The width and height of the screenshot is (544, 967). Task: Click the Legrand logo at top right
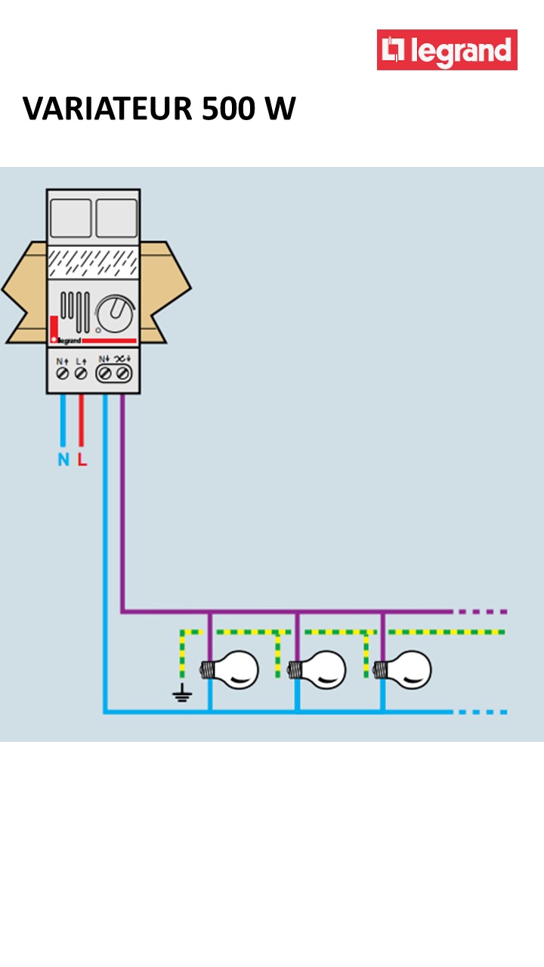[447, 50]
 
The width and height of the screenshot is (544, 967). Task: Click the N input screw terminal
[63, 373]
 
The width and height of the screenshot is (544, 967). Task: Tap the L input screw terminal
[81, 373]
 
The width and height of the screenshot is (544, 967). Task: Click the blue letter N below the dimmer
[63, 459]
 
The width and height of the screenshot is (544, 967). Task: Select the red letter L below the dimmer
[82, 459]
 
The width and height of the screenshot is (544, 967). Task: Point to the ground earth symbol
[182, 694]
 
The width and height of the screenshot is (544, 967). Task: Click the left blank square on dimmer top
[70, 218]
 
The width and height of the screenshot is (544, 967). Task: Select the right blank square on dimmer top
[116, 218]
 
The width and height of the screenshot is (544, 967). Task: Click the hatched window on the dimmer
[93, 263]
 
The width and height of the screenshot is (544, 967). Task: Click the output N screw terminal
[105, 373]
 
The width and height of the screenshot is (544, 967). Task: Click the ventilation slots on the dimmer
[75, 310]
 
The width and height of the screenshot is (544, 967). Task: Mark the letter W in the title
[280, 110]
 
